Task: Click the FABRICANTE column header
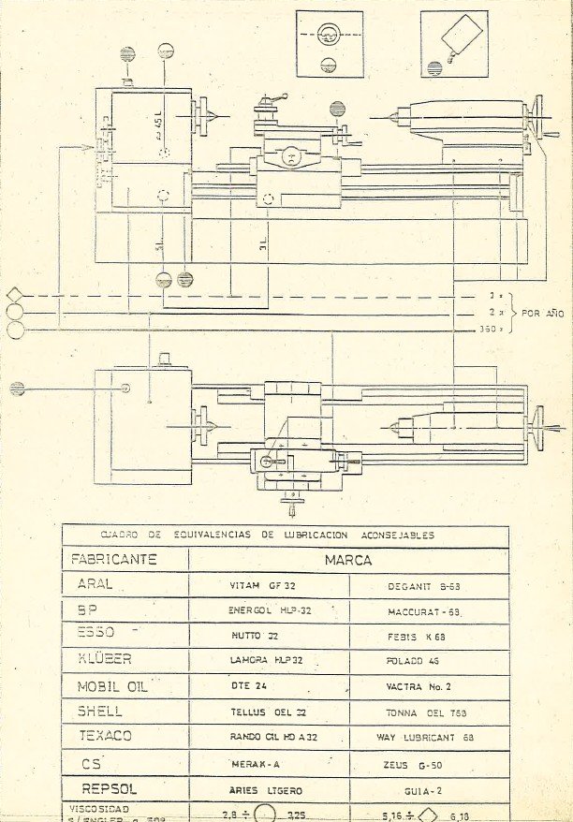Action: pyautogui.click(x=114, y=560)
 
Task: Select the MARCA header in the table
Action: pyautogui.click(x=348, y=560)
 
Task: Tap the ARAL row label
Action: pyautogui.click(x=93, y=583)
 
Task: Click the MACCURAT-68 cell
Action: pyautogui.click(x=426, y=611)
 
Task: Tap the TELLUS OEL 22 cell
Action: pyautogui.click(x=269, y=712)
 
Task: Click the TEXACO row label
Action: pyautogui.click(x=105, y=736)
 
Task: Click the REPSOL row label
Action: pyautogui.click(x=110, y=789)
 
